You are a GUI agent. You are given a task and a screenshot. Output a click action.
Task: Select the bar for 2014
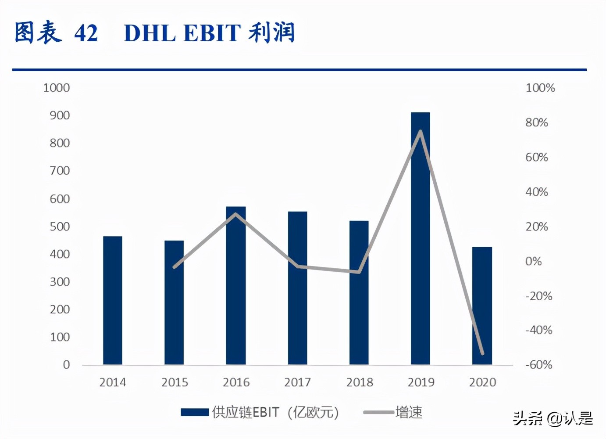(113, 300)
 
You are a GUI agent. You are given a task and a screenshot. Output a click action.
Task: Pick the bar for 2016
(236, 285)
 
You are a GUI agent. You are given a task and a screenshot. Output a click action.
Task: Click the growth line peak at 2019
(421, 131)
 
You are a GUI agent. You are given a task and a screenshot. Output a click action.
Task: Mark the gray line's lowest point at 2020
(482, 353)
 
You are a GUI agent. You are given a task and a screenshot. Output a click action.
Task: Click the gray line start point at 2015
(174, 267)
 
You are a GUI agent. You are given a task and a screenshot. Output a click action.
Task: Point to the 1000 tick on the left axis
(56, 88)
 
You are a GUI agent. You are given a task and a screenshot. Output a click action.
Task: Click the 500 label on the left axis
(59, 227)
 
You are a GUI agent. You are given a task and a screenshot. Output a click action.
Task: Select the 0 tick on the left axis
(66, 365)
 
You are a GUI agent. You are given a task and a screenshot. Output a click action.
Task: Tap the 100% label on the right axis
(540, 88)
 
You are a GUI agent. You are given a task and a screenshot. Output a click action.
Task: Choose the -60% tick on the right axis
(538, 365)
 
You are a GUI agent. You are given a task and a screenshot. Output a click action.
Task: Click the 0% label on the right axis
(533, 261)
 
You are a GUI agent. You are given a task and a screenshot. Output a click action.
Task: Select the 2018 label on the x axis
(360, 382)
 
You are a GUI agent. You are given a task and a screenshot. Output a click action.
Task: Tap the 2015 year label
(175, 382)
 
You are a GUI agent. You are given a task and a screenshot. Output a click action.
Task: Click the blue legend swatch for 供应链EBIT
(194, 412)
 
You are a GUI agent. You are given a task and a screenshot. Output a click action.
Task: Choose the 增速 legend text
(409, 412)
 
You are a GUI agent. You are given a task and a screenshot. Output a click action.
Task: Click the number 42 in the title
(86, 33)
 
